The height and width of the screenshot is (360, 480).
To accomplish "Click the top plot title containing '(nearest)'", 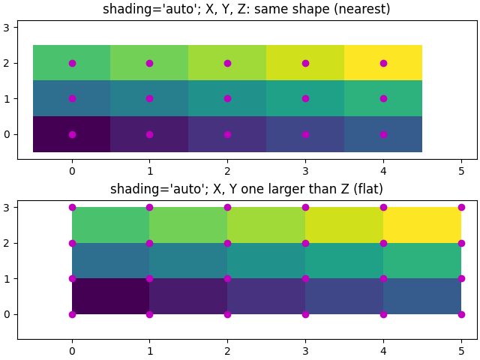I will pyautogui.click(x=247, y=9).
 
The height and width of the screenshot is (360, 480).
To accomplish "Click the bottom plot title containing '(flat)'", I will pyautogui.click(x=247, y=189).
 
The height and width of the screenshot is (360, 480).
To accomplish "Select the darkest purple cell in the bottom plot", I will pyautogui.click(x=110, y=296).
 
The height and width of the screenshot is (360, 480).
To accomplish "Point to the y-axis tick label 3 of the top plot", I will pyautogui.click(x=7, y=28).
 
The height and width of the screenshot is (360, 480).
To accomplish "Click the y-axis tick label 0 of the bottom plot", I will pyautogui.click(x=7, y=314).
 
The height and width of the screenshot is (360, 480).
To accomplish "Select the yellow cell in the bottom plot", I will pyautogui.click(x=422, y=225).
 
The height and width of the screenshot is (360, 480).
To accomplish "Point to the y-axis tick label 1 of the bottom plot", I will pyautogui.click(x=7, y=279).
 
